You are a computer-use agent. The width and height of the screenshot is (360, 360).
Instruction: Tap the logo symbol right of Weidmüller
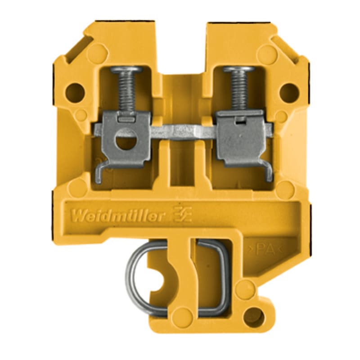[x=183, y=216]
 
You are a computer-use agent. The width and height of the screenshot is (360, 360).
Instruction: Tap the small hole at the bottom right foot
[x=255, y=317]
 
